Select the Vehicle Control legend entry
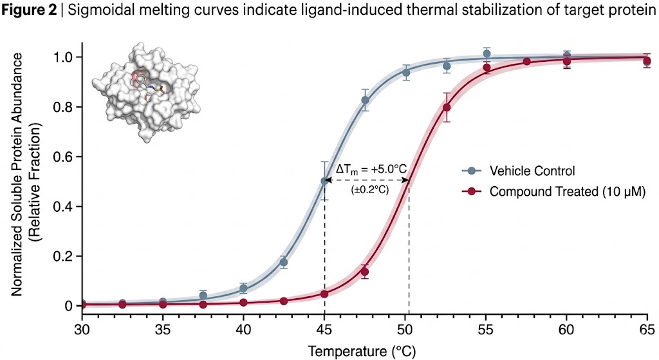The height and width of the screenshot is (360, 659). (x=532, y=171)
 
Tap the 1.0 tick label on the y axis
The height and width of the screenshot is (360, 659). (x=64, y=57)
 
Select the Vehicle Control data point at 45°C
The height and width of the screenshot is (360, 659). (x=324, y=181)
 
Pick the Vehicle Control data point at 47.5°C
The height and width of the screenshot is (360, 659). (x=365, y=100)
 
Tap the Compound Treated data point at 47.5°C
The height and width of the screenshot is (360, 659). (x=365, y=271)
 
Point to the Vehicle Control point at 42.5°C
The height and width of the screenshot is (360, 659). (x=284, y=262)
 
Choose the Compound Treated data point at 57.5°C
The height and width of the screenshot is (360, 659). (x=526, y=61)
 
